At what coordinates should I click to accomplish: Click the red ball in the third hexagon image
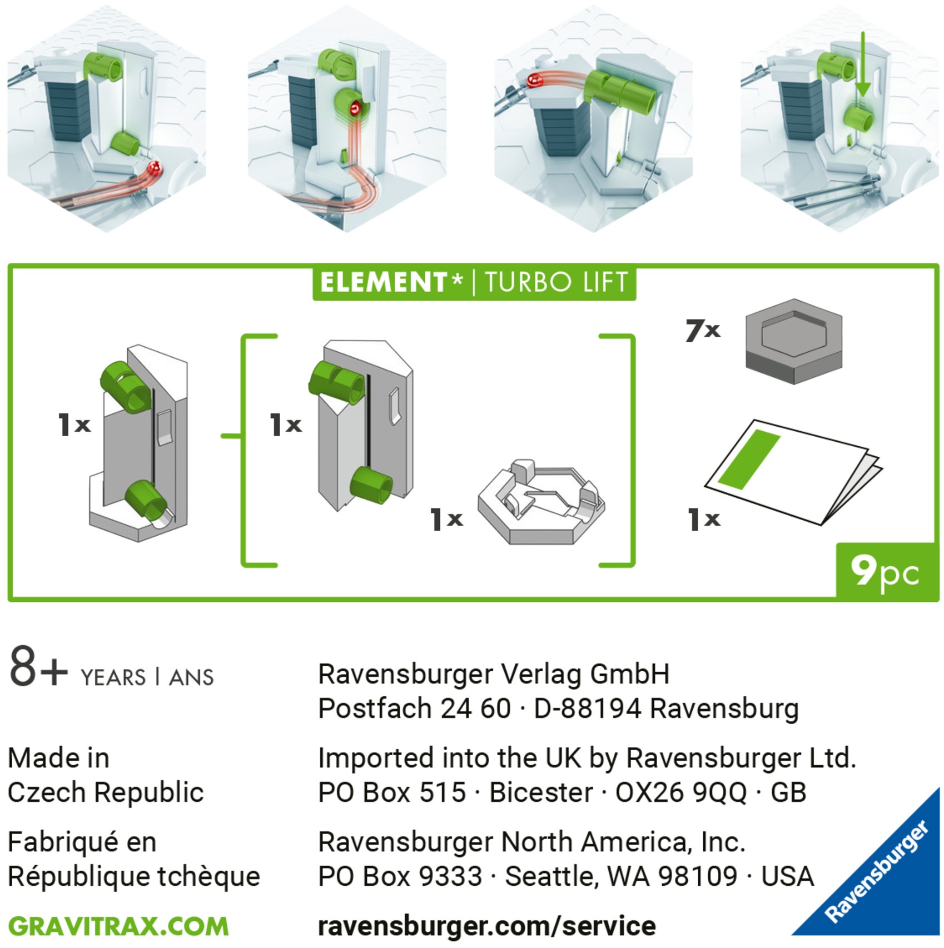point(535,81)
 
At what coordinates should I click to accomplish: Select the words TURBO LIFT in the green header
point(556,282)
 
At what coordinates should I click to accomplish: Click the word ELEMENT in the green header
point(384,282)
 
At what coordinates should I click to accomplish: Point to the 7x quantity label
point(703,331)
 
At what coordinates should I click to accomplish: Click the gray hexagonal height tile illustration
point(793,341)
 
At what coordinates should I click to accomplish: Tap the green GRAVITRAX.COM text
point(118,926)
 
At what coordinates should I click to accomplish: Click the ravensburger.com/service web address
point(486,926)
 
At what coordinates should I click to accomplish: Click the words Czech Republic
point(106,792)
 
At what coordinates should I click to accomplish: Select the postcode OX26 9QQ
point(680,792)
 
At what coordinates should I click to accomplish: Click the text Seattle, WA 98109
point(620,877)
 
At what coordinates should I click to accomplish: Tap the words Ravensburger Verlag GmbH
point(493,675)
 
